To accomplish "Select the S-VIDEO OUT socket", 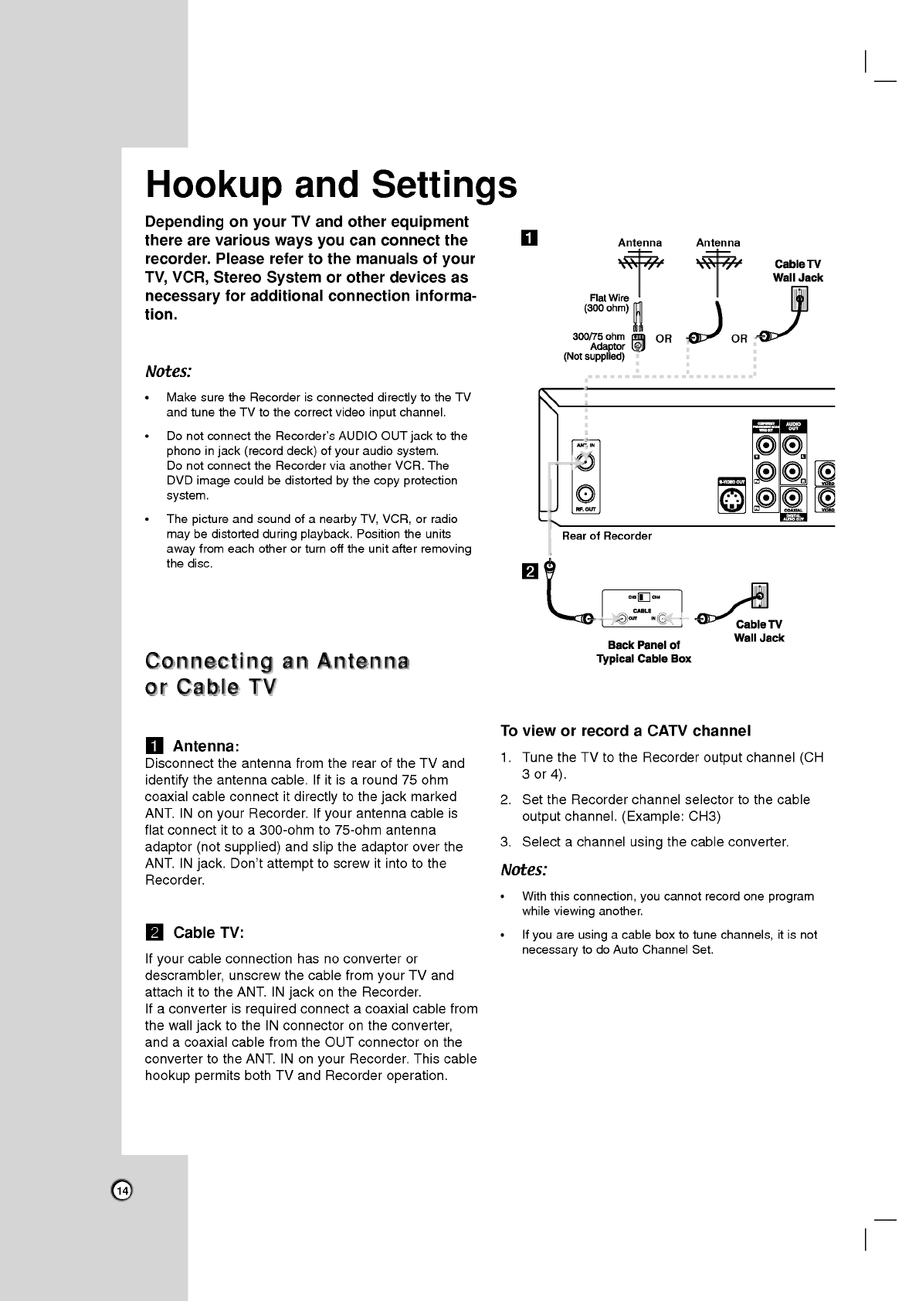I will click(731, 501).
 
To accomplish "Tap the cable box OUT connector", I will click(622, 618).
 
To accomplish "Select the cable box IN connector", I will click(665, 618).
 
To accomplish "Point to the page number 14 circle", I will click(122, 1191).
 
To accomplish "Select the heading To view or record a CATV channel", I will click(626, 731).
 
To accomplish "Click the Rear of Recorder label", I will click(606, 536).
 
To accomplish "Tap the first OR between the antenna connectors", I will click(663, 339).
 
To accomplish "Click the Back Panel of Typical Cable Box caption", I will click(643, 652).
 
